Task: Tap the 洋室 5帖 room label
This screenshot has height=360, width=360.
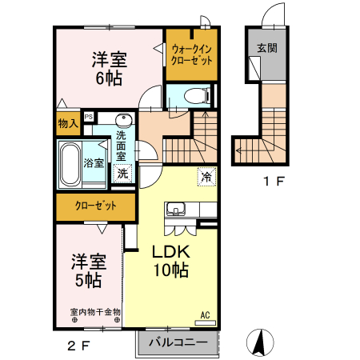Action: (87, 270)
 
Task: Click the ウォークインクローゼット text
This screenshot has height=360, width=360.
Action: (191, 54)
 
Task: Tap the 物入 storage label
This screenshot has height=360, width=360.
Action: (67, 123)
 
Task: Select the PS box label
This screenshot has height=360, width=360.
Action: (88, 116)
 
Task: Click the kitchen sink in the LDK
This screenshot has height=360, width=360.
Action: (176, 210)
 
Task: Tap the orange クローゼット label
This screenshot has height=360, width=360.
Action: (96, 206)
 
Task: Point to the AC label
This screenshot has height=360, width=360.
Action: (205, 314)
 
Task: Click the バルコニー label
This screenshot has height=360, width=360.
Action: (180, 342)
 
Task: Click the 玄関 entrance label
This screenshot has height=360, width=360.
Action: (266, 48)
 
